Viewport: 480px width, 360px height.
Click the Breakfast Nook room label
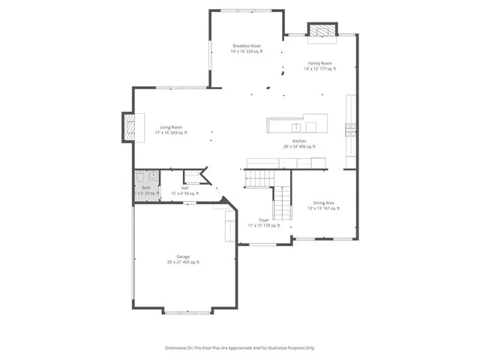[x=246, y=46]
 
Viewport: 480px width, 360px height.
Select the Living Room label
[x=171, y=127]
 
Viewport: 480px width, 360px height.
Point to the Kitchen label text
[x=299, y=141]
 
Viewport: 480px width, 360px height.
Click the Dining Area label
[x=324, y=203]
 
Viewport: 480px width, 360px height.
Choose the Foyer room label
[x=264, y=220]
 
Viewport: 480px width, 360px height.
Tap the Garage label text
[x=183, y=257]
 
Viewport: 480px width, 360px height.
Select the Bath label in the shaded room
[x=146, y=188]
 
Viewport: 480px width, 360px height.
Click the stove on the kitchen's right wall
[x=349, y=129]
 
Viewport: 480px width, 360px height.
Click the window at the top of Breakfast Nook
[x=246, y=10]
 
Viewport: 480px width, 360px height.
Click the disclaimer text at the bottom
[x=240, y=348]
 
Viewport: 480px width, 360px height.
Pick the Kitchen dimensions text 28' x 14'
[x=299, y=147]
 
